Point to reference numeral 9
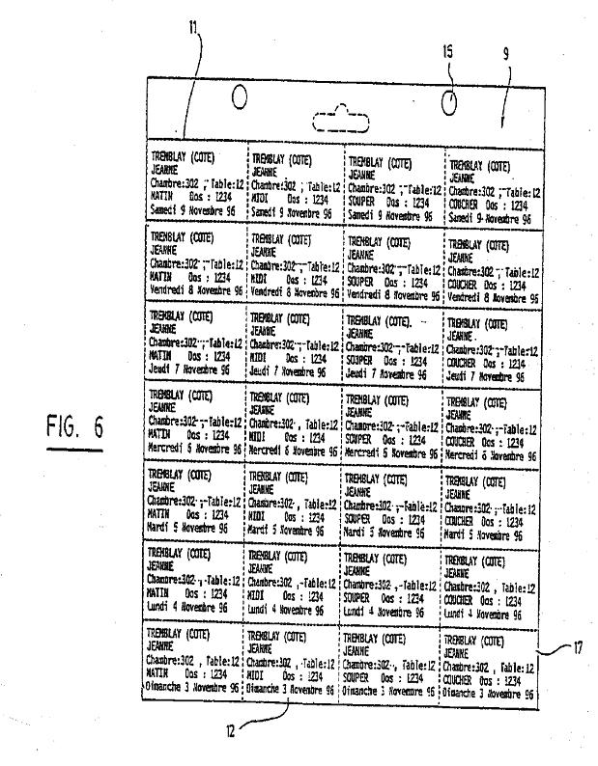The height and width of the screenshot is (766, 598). pyautogui.click(x=506, y=83)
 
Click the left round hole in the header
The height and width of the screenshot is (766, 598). pyautogui.click(x=239, y=98)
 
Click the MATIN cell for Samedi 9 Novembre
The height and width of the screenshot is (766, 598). pyautogui.click(x=196, y=184)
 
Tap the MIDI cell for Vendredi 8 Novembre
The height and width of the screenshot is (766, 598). pyautogui.click(x=294, y=264)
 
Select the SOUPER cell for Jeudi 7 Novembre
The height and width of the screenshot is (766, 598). pyautogui.click(x=391, y=343)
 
